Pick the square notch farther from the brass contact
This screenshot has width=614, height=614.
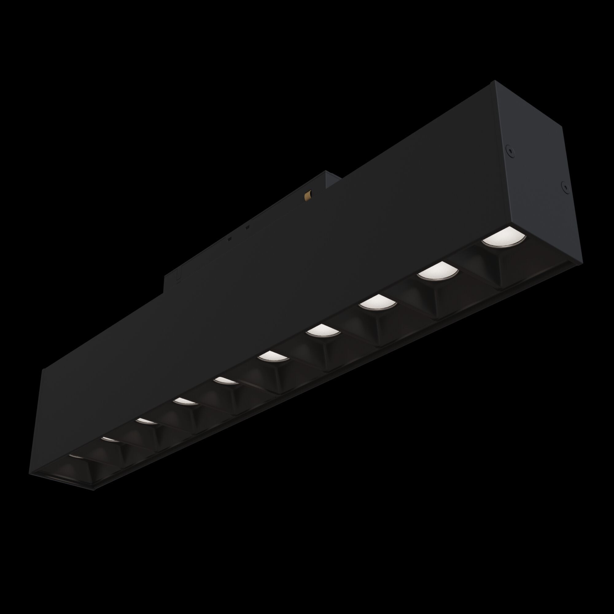(230, 238)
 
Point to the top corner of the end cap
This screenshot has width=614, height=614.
(493, 82)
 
